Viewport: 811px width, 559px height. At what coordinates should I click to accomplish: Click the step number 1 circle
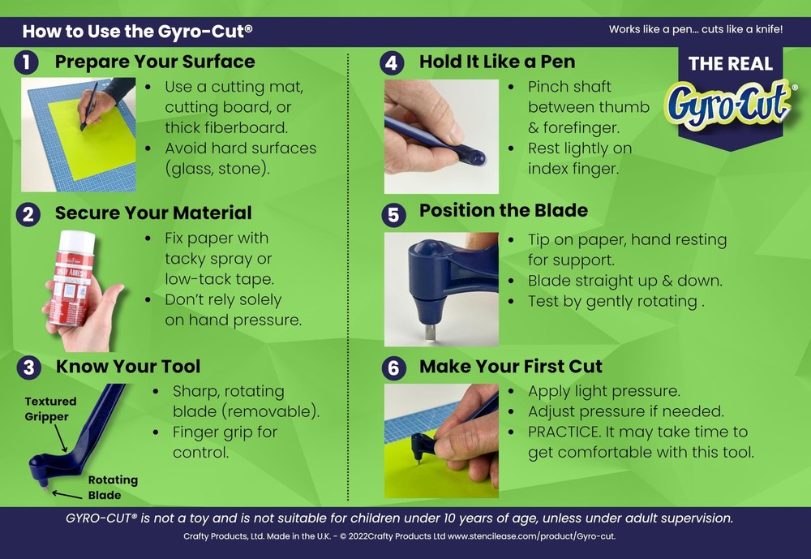pos(28,62)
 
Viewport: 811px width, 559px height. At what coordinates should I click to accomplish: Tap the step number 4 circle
pos(393,62)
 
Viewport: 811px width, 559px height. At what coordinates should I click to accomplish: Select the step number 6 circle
pos(393,368)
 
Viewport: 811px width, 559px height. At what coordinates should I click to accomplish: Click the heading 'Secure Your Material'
pos(153,213)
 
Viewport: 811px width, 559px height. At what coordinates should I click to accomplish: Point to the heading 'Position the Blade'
pos(503,211)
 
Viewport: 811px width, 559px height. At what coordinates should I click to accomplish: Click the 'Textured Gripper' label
pos(50,409)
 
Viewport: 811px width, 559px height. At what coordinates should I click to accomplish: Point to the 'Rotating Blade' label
pos(112,487)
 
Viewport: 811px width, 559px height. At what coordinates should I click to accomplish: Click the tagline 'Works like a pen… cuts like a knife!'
pos(696,30)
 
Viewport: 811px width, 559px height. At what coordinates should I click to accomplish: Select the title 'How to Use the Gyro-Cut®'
pos(137,32)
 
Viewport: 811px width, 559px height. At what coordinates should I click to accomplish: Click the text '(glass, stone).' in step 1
pos(217,169)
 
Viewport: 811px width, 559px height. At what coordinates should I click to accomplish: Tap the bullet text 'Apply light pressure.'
pos(603,391)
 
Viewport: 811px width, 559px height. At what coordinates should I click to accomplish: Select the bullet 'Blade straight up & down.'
pos(624,281)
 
